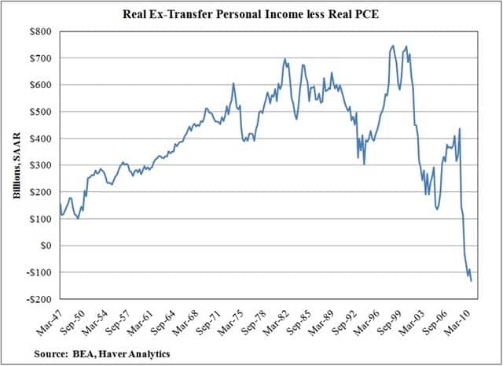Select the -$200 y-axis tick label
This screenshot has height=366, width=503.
coord(41,300)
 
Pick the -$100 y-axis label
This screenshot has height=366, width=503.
coord(41,273)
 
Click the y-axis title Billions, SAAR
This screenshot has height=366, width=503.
coord(16,165)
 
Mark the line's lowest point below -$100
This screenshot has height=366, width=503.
coord(472,280)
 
